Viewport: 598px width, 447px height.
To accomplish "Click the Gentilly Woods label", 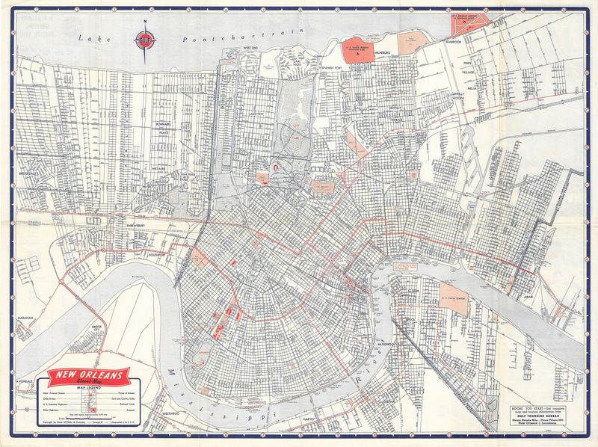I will pyautogui.click(x=457, y=96).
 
